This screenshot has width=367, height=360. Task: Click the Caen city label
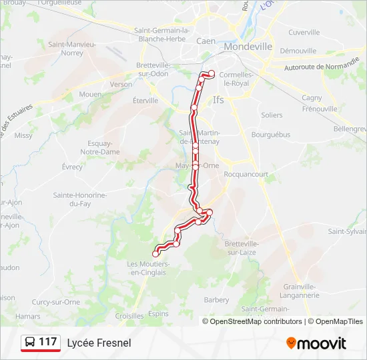point(206,41)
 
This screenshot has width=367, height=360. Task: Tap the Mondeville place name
point(248,47)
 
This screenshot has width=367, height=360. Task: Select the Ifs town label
point(218,100)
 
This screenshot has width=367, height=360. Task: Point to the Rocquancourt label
point(246,175)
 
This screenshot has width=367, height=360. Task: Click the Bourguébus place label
point(271,134)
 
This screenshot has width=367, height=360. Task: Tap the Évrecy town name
point(71,167)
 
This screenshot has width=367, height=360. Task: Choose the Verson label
point(121,85)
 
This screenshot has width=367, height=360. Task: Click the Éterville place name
point(145,101)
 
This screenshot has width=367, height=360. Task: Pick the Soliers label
point(272,115)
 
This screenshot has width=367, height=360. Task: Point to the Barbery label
point(216,300)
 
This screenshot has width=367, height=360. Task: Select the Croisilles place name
point(129,316)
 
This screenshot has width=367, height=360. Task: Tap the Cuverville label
point(304,32)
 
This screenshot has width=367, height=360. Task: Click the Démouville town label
point(298,51)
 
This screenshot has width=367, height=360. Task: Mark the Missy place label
point(23,135)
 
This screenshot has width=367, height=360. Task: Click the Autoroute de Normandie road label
point(322,67)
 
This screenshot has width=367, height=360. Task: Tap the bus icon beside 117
point(30,343)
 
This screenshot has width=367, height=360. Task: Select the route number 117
point(48,342)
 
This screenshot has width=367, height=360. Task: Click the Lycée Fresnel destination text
point(99,343)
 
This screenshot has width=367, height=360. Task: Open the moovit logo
point(316,343)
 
